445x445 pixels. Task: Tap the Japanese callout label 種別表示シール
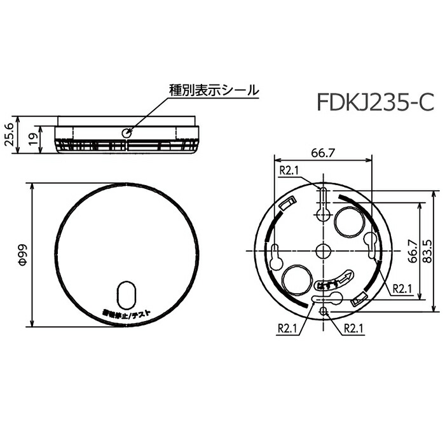point(214,90)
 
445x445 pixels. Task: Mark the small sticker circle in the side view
point(127,133)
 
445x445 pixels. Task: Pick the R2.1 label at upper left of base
point(289,170)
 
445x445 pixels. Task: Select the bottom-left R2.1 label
point(289,329)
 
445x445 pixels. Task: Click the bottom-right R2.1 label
point(353,329)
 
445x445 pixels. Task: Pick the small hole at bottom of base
point(324,310)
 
